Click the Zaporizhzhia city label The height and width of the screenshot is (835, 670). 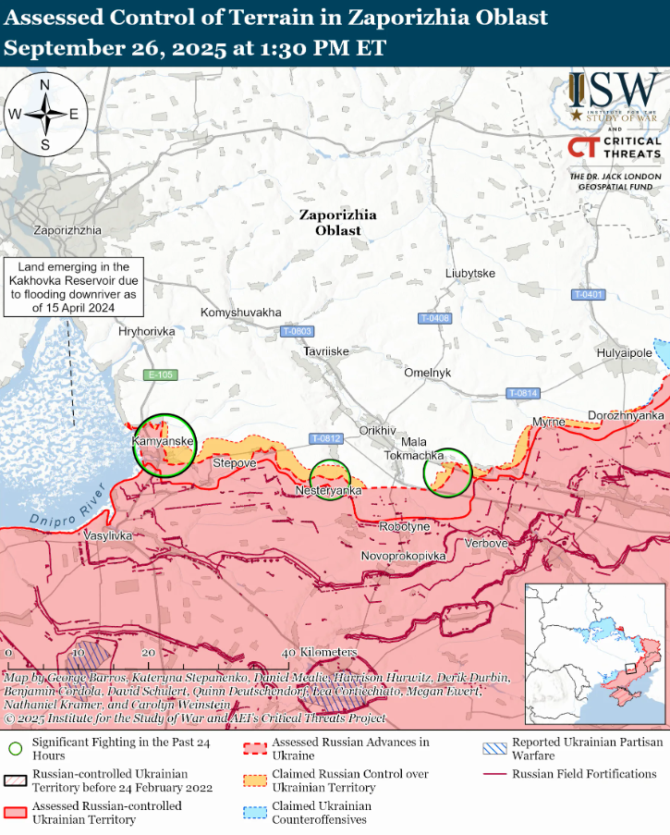click(67, 229)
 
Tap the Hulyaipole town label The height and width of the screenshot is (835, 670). click(625, 352)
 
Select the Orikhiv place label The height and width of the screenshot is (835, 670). click(377, 430)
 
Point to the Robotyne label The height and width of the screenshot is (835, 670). click(405, 526)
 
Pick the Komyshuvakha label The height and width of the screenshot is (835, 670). click(241, 313)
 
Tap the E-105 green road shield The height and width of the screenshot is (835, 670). click(161, 375)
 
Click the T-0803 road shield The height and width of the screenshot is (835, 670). click(297, 331)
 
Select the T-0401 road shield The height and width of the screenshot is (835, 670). click(588, 294)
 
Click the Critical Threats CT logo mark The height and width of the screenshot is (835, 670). click(582, 147)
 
